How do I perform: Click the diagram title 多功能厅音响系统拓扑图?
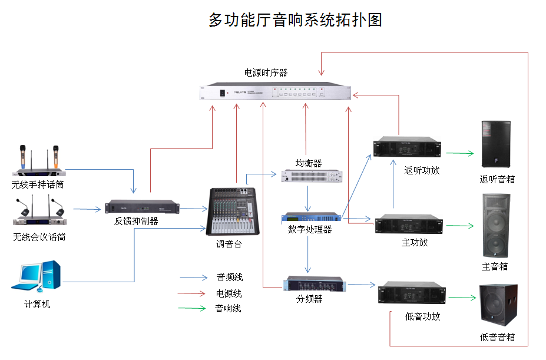tap(295, 20)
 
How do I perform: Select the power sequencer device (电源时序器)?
tap(276, 92)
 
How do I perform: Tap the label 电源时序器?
tap(266, 73)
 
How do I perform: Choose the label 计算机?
tap(37, 305)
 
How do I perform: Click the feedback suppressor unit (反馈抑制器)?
tap(143, 208)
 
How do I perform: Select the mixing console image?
tap(234, 211)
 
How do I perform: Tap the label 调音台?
tap(229, 243)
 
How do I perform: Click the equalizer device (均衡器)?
tap(312, 176)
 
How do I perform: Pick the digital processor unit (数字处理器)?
tap(311, 218)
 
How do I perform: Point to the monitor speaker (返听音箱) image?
tap(495, 145)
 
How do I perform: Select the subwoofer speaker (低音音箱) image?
tap(498, 306)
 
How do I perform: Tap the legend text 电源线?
tap(229, 293)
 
